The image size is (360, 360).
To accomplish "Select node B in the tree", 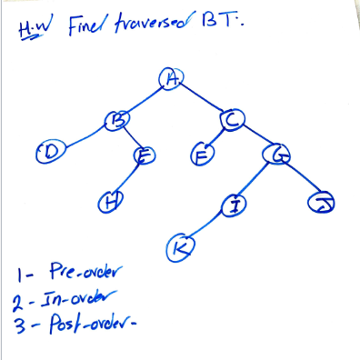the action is [117, 118].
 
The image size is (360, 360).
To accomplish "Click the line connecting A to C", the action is [201, 99].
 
